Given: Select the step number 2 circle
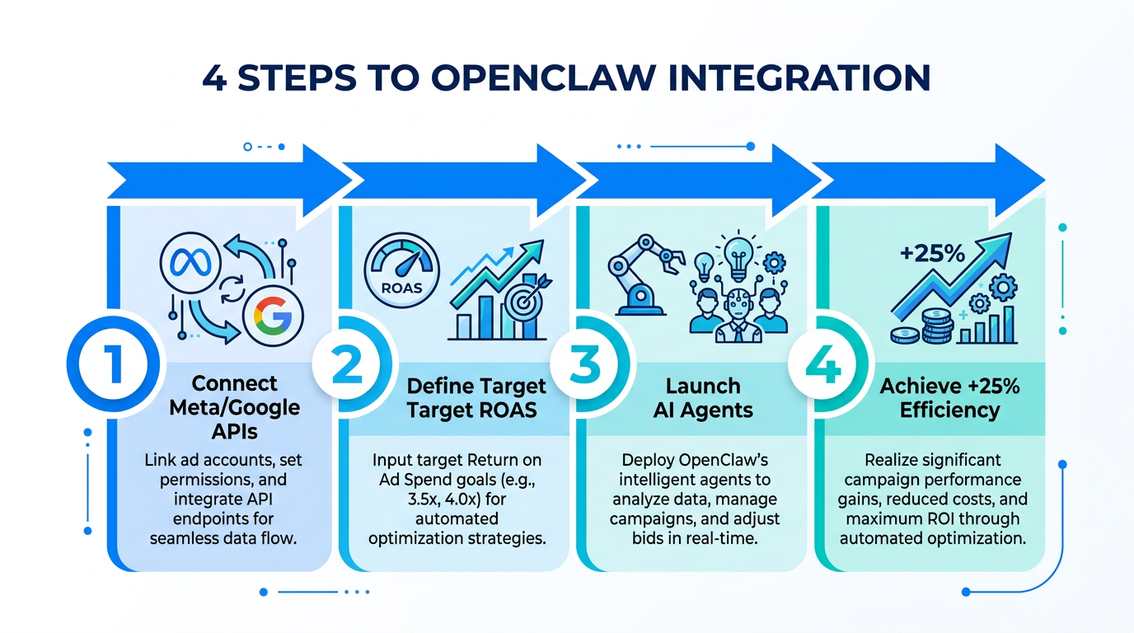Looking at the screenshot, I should [x=347, y=365].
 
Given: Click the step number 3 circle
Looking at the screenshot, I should [x=584, y=365].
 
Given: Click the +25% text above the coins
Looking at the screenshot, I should [x=932, y=253].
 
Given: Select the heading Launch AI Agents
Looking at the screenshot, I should [x=702, y=398].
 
